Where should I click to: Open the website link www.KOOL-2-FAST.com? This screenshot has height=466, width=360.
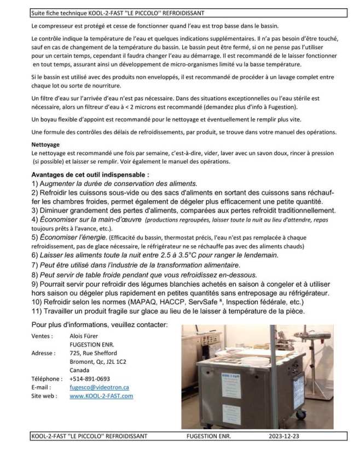click(101, 395)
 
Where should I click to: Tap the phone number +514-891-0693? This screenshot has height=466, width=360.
click(90, 378)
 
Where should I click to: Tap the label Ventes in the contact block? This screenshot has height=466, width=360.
click(42, 336)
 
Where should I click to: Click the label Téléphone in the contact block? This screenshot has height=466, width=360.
click(47, 378)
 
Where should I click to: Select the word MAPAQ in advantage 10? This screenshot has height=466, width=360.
click(143, 302)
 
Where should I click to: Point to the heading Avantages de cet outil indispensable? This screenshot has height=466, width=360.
click(90, 174)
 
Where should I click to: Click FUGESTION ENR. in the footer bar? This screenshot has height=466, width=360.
click(208, 436)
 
